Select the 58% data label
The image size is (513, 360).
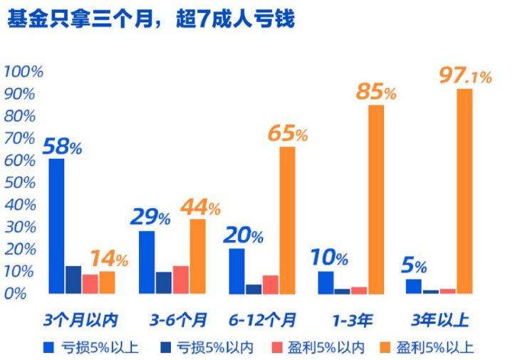click(x=63, y=148)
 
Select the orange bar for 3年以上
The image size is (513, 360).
click(x=465, y=190)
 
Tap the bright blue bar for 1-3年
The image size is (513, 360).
click(x=326, y=282)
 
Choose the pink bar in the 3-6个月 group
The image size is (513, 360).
click(x=180, y=279)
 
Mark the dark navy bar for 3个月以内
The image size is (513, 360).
click(x=73, y=279)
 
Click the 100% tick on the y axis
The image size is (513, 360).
click(x=24, y=72)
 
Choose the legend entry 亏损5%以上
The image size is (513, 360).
click(x=90, y=348)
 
